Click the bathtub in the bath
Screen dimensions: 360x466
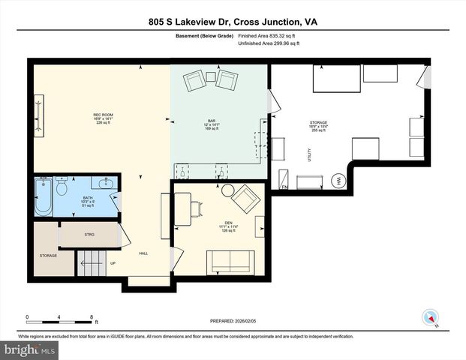tap(42, 197)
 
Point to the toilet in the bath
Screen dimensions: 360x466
tap(62, 184)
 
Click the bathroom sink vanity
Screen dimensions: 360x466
tap(104, 183)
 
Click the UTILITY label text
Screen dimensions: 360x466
tap(309, 154)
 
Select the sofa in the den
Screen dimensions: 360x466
tap(231, 262)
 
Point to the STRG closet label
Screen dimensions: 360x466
tap(89, 235)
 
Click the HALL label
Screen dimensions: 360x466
tap(143, 253)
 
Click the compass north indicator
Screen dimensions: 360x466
tap(429, 318)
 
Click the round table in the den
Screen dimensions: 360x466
tap(227, 190)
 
